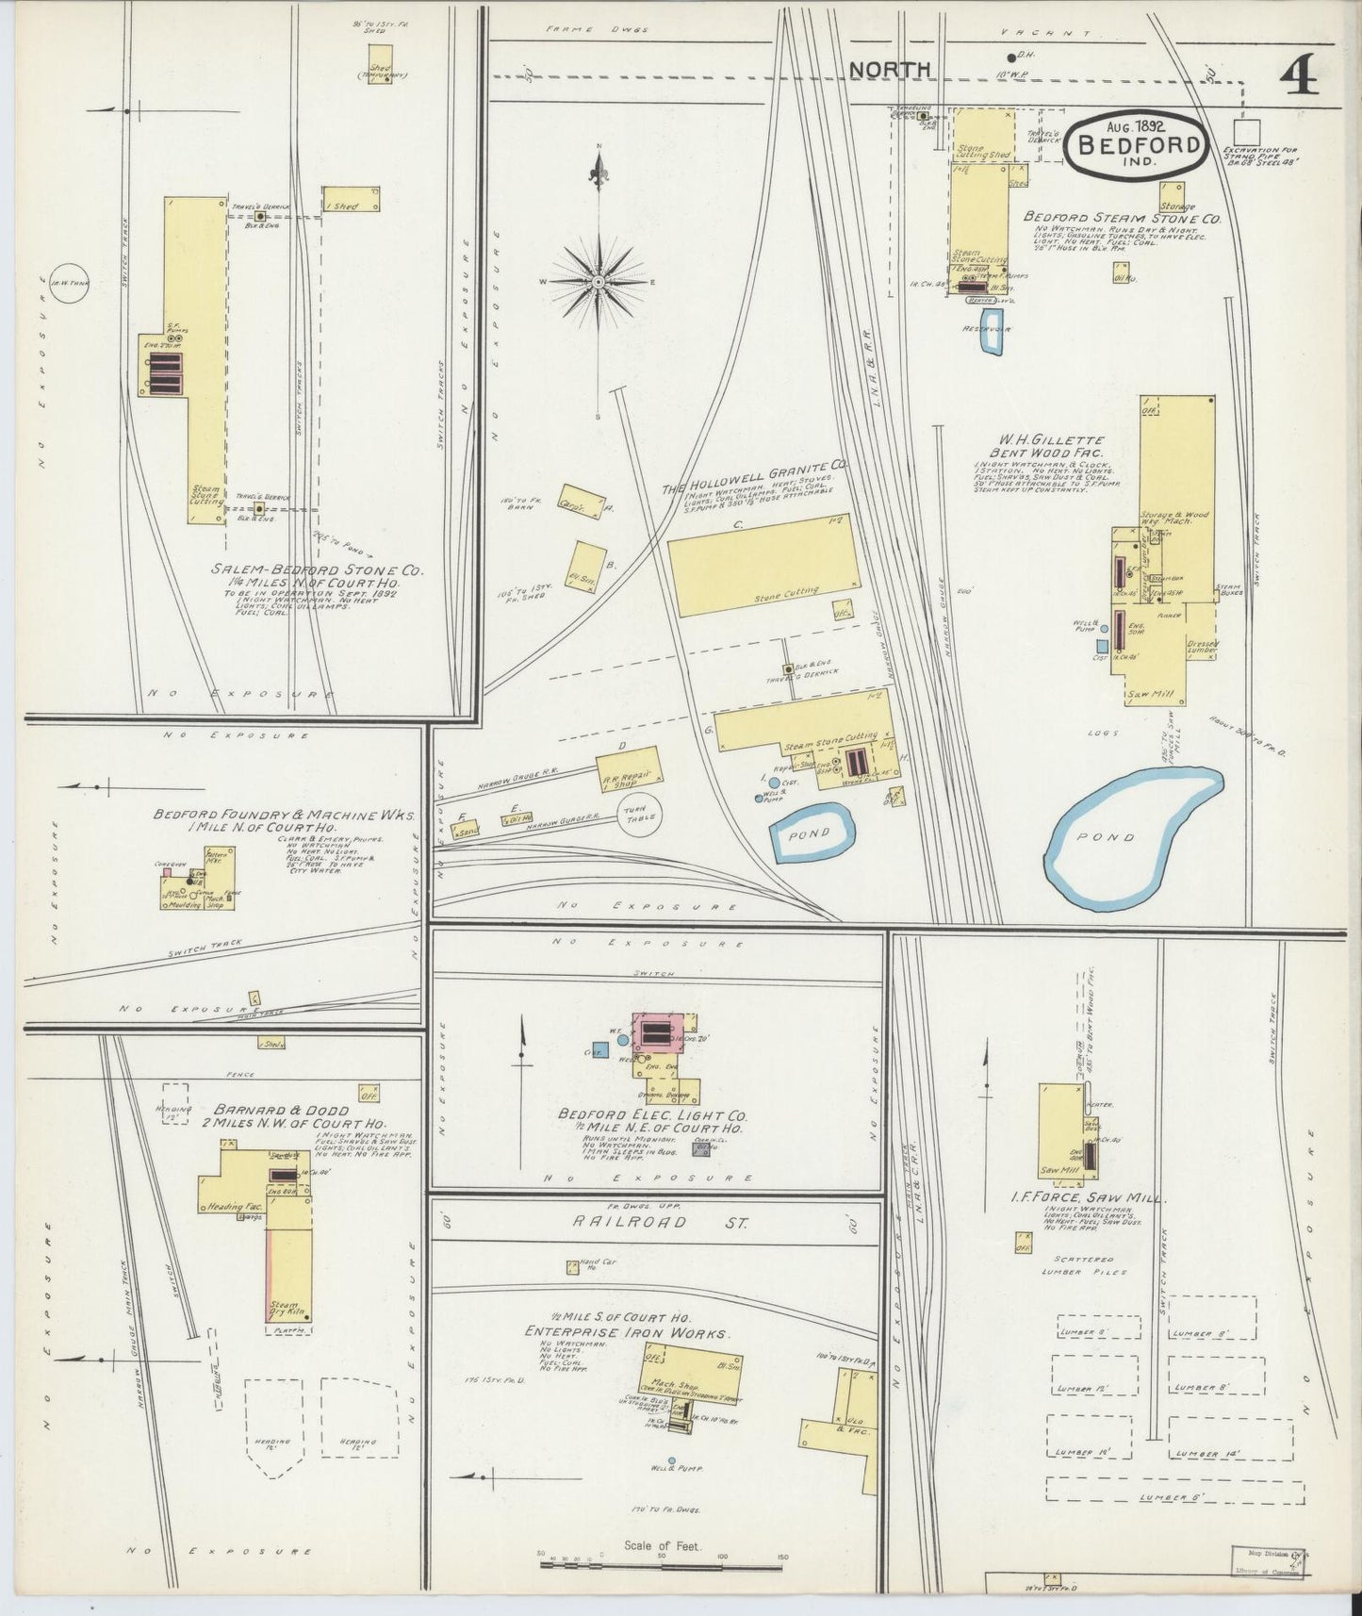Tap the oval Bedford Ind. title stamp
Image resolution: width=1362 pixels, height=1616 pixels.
point(1138,144)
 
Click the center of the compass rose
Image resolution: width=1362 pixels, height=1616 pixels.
point(599,282)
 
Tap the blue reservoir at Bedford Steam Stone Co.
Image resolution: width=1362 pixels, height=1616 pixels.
point(993,341)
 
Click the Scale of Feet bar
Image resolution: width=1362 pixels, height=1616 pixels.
point(660,1563)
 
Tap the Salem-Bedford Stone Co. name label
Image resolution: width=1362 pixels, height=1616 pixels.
point(318,570)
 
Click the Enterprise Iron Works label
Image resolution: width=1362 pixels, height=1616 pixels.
point(627,1332)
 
